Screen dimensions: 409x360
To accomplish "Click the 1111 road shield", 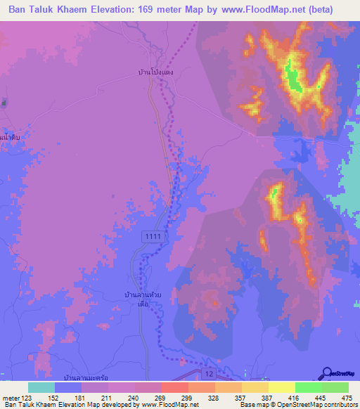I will point(151,237).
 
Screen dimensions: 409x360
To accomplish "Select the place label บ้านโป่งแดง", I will point(155,72).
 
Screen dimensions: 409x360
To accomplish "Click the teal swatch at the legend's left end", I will point(41,387).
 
